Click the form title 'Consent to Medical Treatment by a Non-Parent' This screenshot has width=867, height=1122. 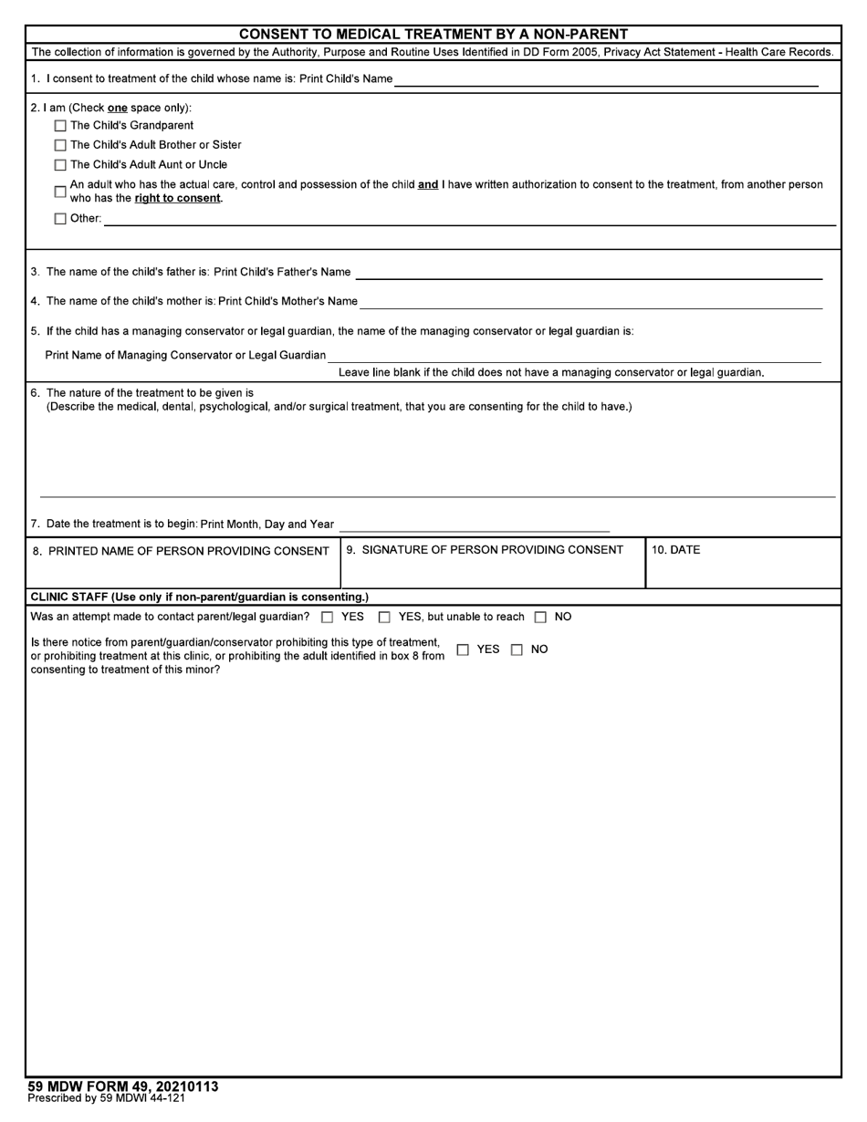point(433,35)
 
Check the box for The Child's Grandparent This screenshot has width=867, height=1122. point(60,126)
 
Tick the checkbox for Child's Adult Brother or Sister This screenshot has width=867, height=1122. point(60,145)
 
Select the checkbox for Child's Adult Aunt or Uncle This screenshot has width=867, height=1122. point(60,165)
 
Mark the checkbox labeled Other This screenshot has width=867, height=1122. point(60,219)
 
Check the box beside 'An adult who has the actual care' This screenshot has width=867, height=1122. point(60,192)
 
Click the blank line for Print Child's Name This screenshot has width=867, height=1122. point(606,80)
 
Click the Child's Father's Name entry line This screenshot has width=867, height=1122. point(589,273)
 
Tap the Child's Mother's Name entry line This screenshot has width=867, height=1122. point(590,302)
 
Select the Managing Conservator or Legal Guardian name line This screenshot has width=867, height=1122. point(574,356)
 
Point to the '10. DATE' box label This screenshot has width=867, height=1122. point(676,550)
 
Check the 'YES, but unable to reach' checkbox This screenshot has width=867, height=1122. point(384,618)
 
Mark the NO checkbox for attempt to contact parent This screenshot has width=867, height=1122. point(540,618)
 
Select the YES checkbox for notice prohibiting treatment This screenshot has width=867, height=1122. point(463,650)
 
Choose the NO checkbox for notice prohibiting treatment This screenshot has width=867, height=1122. point(517,650)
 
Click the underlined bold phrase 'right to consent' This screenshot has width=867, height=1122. point(178,198)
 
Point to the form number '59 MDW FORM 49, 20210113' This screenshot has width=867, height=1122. point(123,1086)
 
